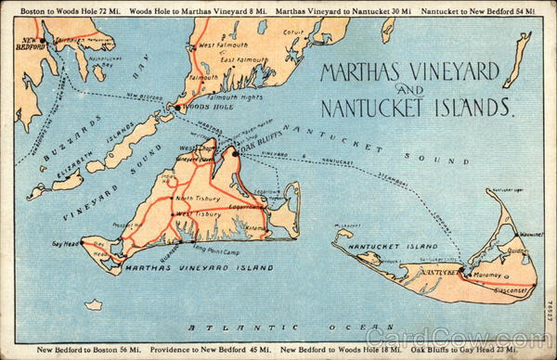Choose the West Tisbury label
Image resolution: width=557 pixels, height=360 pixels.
(199, 214)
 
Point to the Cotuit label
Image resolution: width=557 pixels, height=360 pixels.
(293, 32)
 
